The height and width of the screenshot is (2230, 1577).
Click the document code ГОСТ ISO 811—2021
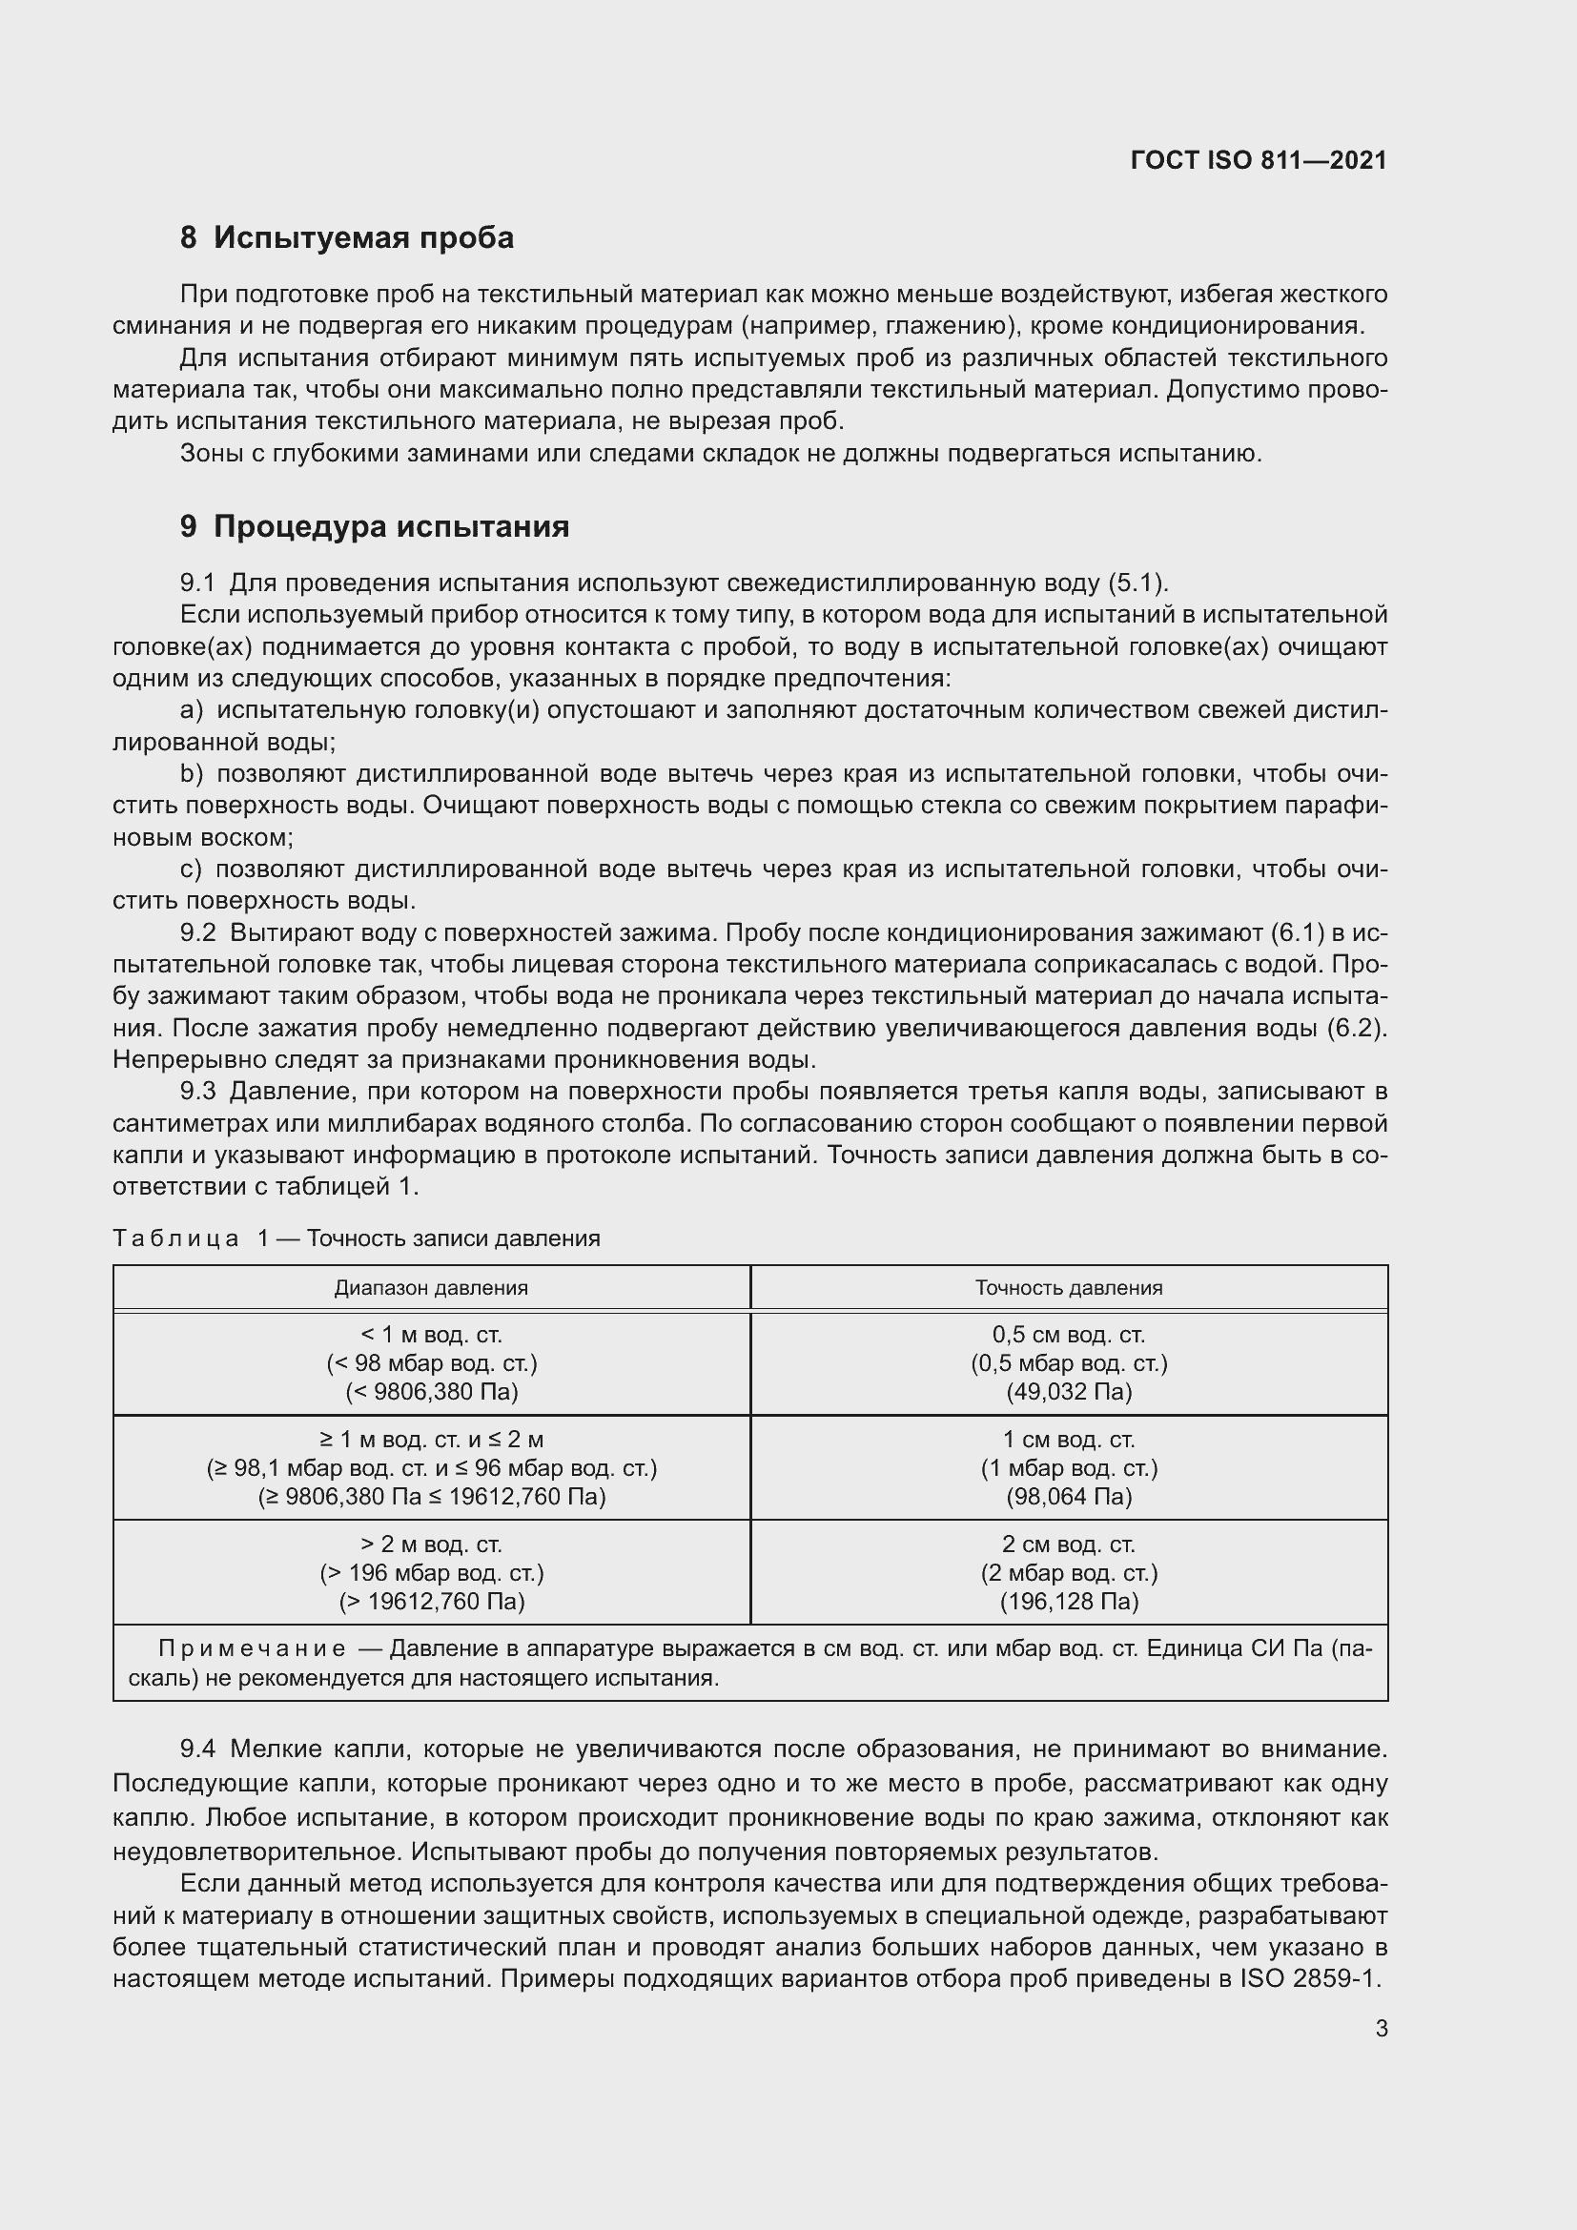point(1259,160)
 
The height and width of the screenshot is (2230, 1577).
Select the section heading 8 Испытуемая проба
point(347,238)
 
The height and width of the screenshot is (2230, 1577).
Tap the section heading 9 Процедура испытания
point(374,526)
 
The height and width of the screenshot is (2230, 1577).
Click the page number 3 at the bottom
point(1381,2028)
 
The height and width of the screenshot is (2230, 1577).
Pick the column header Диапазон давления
point(431,1288)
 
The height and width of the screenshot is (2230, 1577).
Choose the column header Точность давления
point(1068,1288)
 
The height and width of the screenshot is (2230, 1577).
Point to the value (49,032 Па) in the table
point(1068,1391)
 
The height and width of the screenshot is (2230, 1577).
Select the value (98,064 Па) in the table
point(1068,1496)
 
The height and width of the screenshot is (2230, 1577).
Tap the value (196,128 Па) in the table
point(1068,1601)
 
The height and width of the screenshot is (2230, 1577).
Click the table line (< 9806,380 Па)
point(431,1391)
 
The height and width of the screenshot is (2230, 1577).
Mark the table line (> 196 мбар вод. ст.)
point(431,1572)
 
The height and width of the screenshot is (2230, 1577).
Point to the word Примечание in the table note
point(252,1649)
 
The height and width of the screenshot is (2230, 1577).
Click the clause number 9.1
point(197,583)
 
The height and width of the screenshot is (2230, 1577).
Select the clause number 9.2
point(197,933)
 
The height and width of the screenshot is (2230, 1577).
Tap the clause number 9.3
point(197,1092)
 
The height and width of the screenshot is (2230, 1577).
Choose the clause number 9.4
point(197,1749)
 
